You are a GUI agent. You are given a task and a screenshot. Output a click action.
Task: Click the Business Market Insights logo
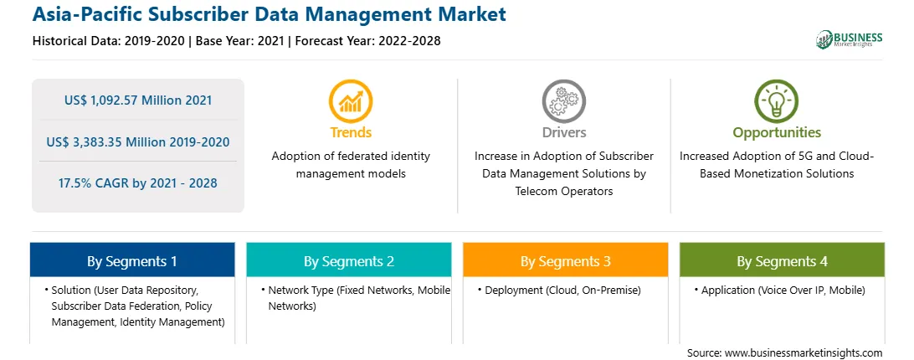click(850, 39)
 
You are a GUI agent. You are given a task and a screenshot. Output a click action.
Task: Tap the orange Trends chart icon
click(351, 101)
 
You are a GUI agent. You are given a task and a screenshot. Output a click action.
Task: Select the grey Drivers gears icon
click(563, 101)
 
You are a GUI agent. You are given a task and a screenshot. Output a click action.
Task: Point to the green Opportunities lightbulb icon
click(777, 101)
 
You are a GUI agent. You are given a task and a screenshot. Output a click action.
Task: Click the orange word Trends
click(351, 132)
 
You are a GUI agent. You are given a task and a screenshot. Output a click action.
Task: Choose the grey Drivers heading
click(563, 132)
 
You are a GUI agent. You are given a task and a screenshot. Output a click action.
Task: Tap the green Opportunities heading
click(777, 133)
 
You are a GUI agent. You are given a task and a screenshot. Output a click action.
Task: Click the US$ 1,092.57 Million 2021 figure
click(138, 100)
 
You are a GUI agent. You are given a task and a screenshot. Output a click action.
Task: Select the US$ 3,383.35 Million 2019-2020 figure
click(137, 141)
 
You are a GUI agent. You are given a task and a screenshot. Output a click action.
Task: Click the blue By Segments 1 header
click(131, 261)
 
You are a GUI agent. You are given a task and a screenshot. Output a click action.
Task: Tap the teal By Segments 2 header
click(348, 261)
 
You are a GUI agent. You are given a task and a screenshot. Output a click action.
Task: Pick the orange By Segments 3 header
click(566, 261)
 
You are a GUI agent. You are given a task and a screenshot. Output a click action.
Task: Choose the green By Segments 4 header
click(782, 261)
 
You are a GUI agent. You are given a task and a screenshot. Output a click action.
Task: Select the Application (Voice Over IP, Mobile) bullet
click(779, 290)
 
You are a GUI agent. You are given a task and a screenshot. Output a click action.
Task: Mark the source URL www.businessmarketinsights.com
click(804, 352)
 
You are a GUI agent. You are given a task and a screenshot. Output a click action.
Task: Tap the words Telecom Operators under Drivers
click(563, 191)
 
